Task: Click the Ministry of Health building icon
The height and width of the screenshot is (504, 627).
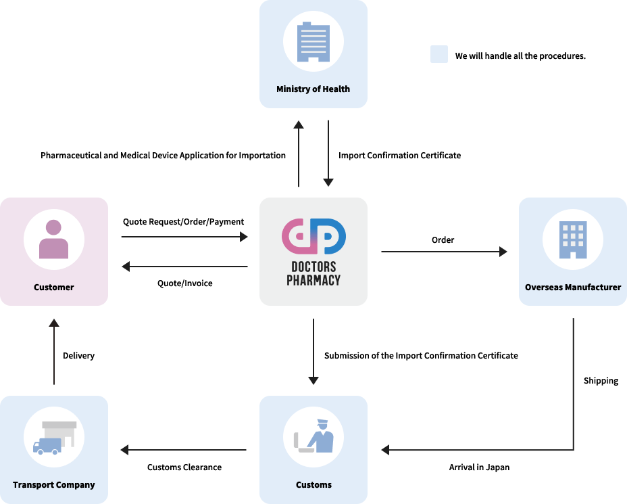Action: (313, 43)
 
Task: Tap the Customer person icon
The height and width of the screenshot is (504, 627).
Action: (54, 239)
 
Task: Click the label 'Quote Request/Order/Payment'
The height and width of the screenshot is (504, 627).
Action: (184, 222)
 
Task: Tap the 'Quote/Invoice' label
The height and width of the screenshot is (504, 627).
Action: (184, 283)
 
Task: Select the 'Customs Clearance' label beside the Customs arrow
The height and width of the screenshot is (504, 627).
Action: (184, 467)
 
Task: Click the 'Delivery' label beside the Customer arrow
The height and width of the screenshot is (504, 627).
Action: (78, 356)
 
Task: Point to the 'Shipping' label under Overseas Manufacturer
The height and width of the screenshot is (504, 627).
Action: (601, 381)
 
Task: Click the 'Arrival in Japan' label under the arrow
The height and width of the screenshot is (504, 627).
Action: (479, 467)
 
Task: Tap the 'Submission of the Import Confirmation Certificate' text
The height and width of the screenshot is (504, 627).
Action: (421, 356)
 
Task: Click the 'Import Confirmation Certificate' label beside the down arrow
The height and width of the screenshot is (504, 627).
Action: (400, 156)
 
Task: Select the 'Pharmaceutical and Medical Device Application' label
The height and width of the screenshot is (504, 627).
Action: (163, 156)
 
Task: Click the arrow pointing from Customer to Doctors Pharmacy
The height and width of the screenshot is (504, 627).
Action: (184, 237)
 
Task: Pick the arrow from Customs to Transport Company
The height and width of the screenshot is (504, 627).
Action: (184, 450)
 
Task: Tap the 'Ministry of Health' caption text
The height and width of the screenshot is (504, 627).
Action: (313, 89)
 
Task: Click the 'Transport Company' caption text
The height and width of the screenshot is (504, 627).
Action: (54, 485)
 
